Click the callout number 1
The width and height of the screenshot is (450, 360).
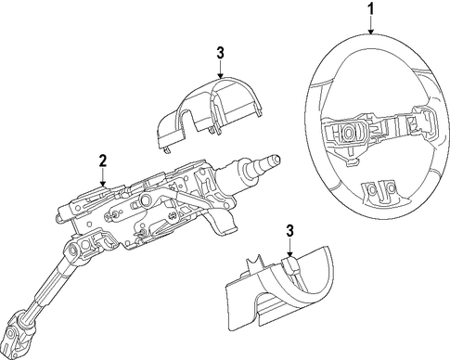(x=370, y=10)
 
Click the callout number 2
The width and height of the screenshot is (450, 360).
(x=102, y=161)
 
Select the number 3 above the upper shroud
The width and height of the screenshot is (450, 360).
(x=220, y=53)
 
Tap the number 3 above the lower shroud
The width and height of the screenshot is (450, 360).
(x=289, y=231)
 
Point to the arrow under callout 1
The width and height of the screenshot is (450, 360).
(x=371, y=25)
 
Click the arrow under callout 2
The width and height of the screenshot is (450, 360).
(x=103, y=177)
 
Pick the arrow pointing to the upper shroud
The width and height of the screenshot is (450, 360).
(x=220, y=69)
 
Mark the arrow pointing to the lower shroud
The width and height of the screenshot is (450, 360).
(x=289, y=248)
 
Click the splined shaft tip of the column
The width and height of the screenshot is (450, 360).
(x=271, y=161)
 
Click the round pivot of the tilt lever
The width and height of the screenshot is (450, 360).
(x=145, y=201)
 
